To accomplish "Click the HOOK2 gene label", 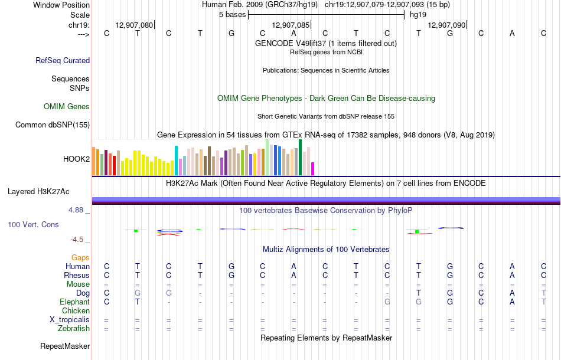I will pyautogui.click(x=76, y=159).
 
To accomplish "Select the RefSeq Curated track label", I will pyautogui.click(x=63, y=60).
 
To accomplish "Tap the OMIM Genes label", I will pyautogui.click(x=67, y=107).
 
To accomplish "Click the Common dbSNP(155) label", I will pyautogui.click(x=53, y=125).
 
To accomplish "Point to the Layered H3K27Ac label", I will pyautogui.click(x=38, y=191).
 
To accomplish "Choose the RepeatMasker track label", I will pyautogui.click(x=65, y=346).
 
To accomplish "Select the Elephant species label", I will pyautogui.click(x=74, y=302).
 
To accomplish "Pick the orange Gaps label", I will pyautogui.click(x=80, y=257).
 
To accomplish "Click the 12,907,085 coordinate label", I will pyautogui.click(x=290, y=25).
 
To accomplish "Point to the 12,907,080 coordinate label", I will pyautogui.click(x=134, y=25).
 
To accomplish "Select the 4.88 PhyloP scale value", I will pyautogui.click(x=77, y=210).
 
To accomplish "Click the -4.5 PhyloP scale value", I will pyautogui.click(x=77, y=239).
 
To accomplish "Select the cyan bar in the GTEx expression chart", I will pyautogui.click(x=176, y=160).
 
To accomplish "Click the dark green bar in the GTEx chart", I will pyautogui.click(x=301, y=157).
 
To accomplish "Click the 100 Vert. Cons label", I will pyautogui.click(x=33, y=225).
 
